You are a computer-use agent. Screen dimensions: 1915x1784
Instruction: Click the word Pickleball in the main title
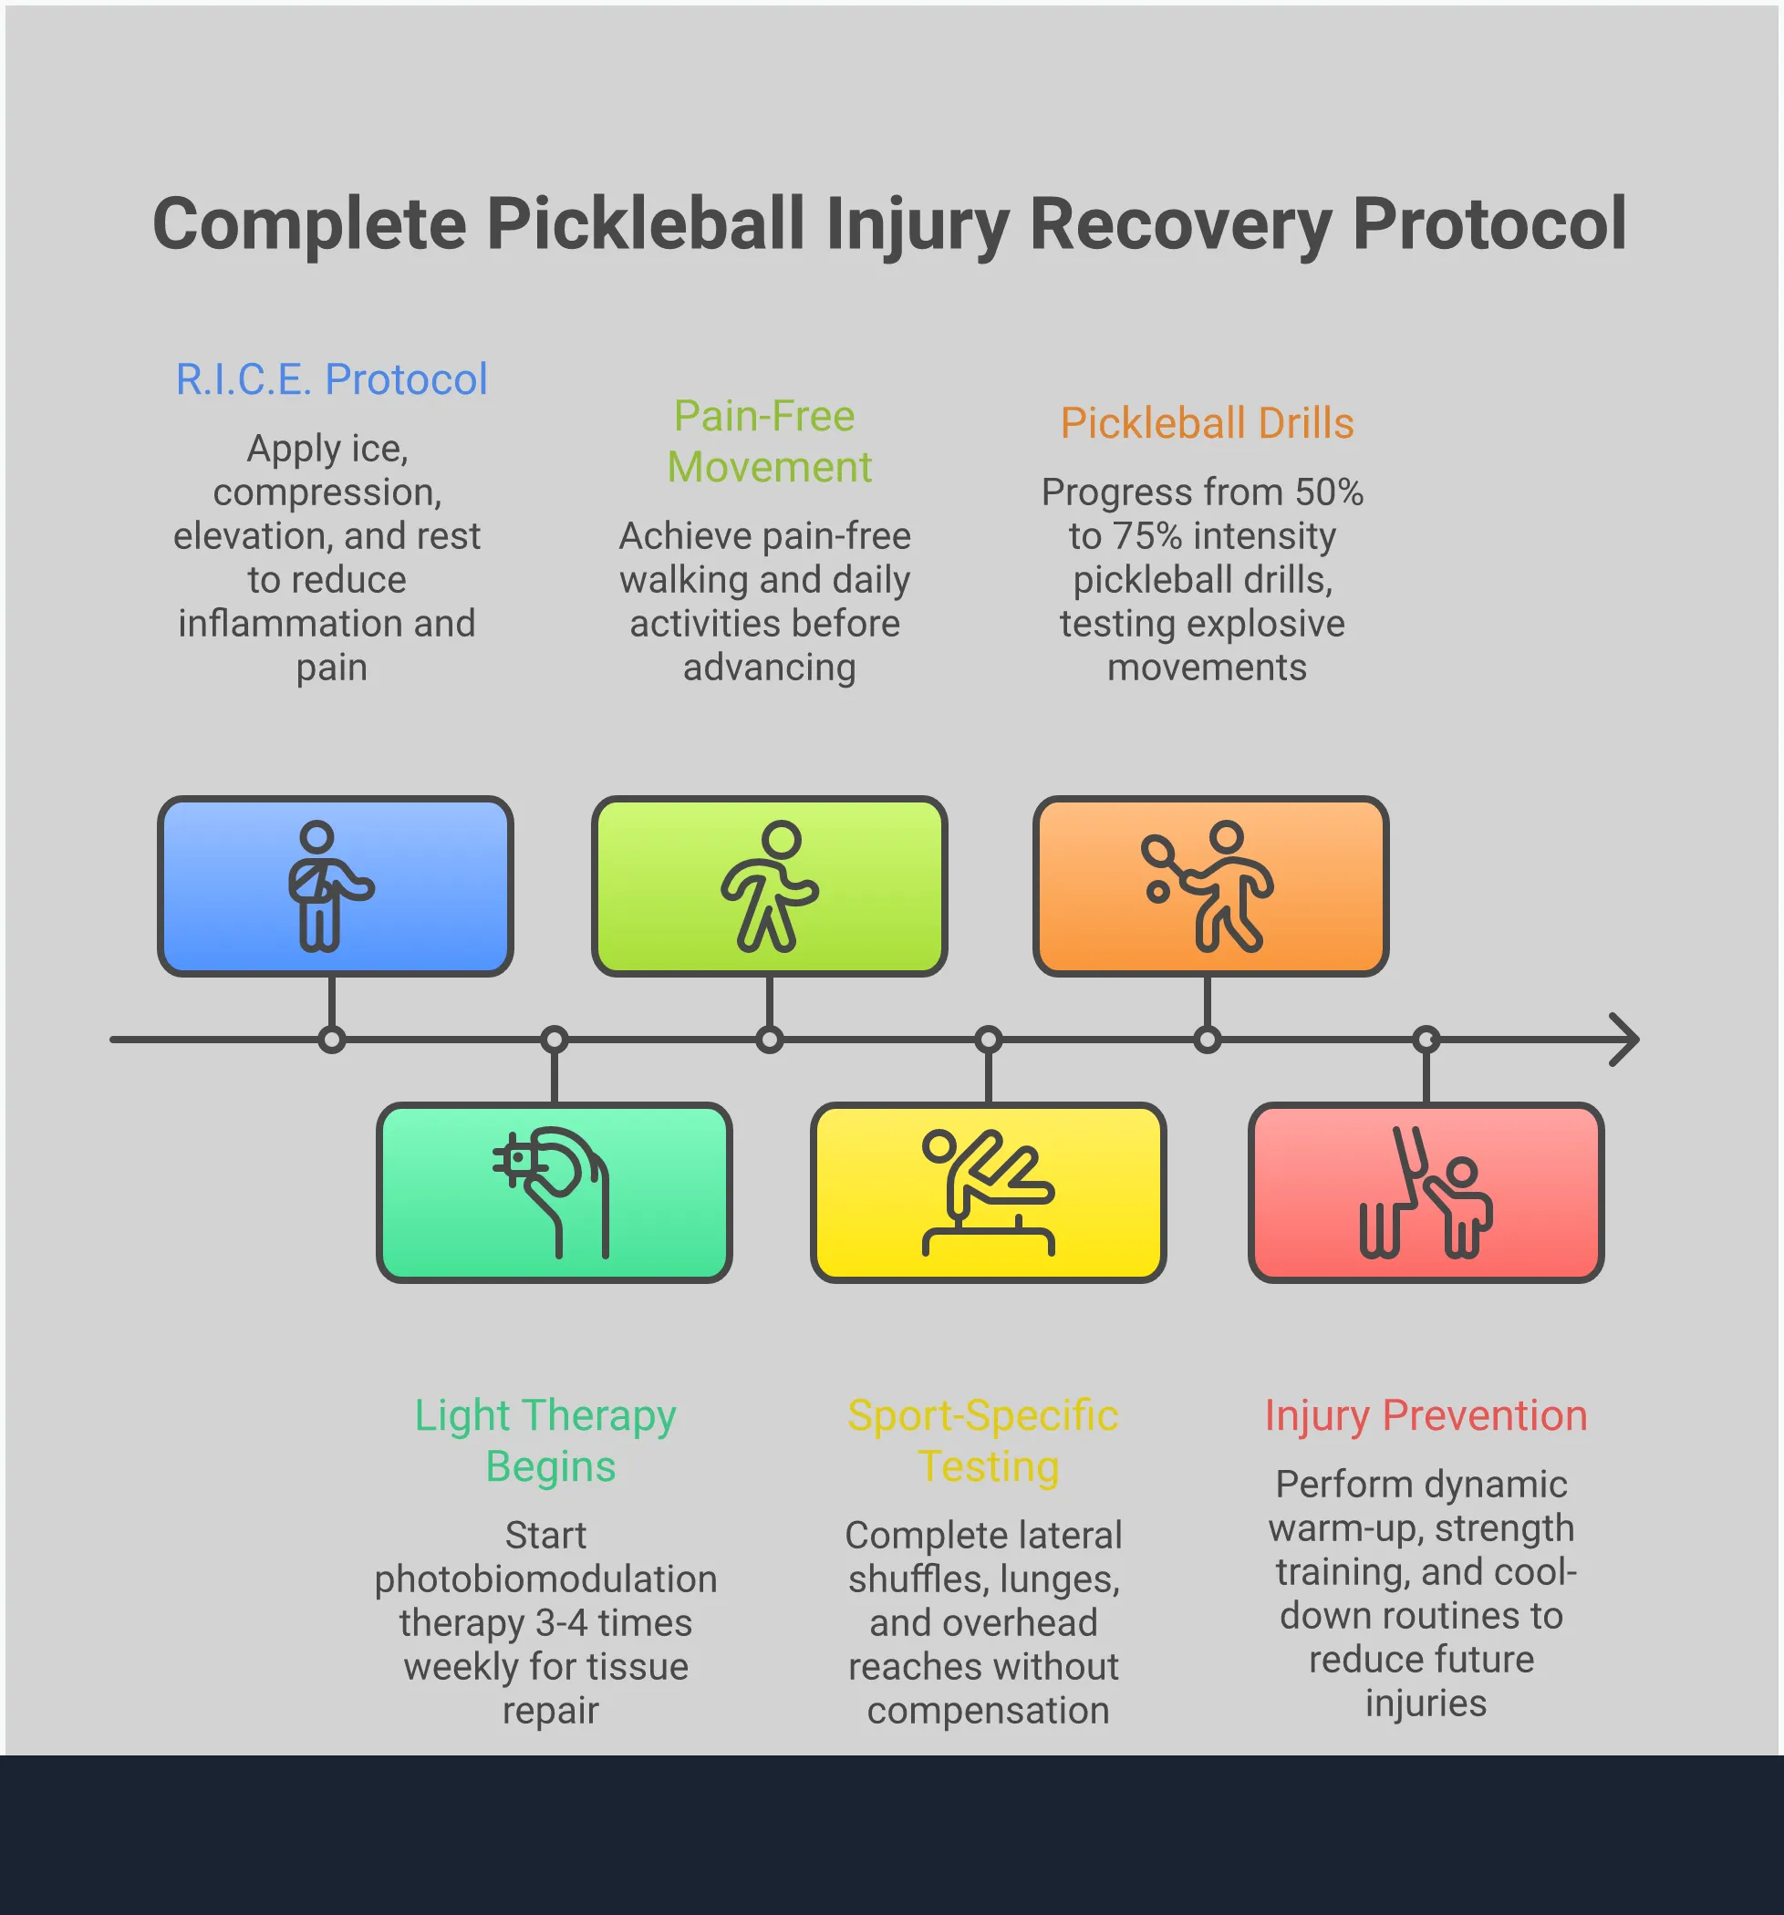645,224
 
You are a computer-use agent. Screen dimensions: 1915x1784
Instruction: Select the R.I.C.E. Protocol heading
331,379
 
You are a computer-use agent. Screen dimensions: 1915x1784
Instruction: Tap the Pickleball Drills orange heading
1207,424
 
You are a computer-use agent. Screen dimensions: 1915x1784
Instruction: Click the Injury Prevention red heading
1426,1416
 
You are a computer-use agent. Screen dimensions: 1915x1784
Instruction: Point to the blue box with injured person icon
336,886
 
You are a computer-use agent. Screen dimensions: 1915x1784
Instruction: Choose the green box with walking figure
770,886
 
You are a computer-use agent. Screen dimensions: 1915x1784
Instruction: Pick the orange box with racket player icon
1211,886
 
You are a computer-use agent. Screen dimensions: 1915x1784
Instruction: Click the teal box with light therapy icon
554,1193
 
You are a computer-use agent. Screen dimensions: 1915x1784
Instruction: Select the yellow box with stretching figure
989,1193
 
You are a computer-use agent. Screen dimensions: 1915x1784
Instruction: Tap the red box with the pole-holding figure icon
1426,1193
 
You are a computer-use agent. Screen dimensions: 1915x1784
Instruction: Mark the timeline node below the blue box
332,1040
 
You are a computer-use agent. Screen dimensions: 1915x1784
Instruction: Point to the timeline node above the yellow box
989,1040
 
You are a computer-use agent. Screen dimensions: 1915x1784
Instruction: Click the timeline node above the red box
1426,1040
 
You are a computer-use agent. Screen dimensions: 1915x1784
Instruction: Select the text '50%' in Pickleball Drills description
1328,493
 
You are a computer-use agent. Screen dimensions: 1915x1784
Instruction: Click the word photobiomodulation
545,1579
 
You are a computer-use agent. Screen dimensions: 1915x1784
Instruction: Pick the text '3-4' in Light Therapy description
562,1623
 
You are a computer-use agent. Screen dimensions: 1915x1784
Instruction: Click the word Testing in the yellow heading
989,1467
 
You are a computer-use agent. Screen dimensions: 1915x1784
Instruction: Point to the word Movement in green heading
770,468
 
